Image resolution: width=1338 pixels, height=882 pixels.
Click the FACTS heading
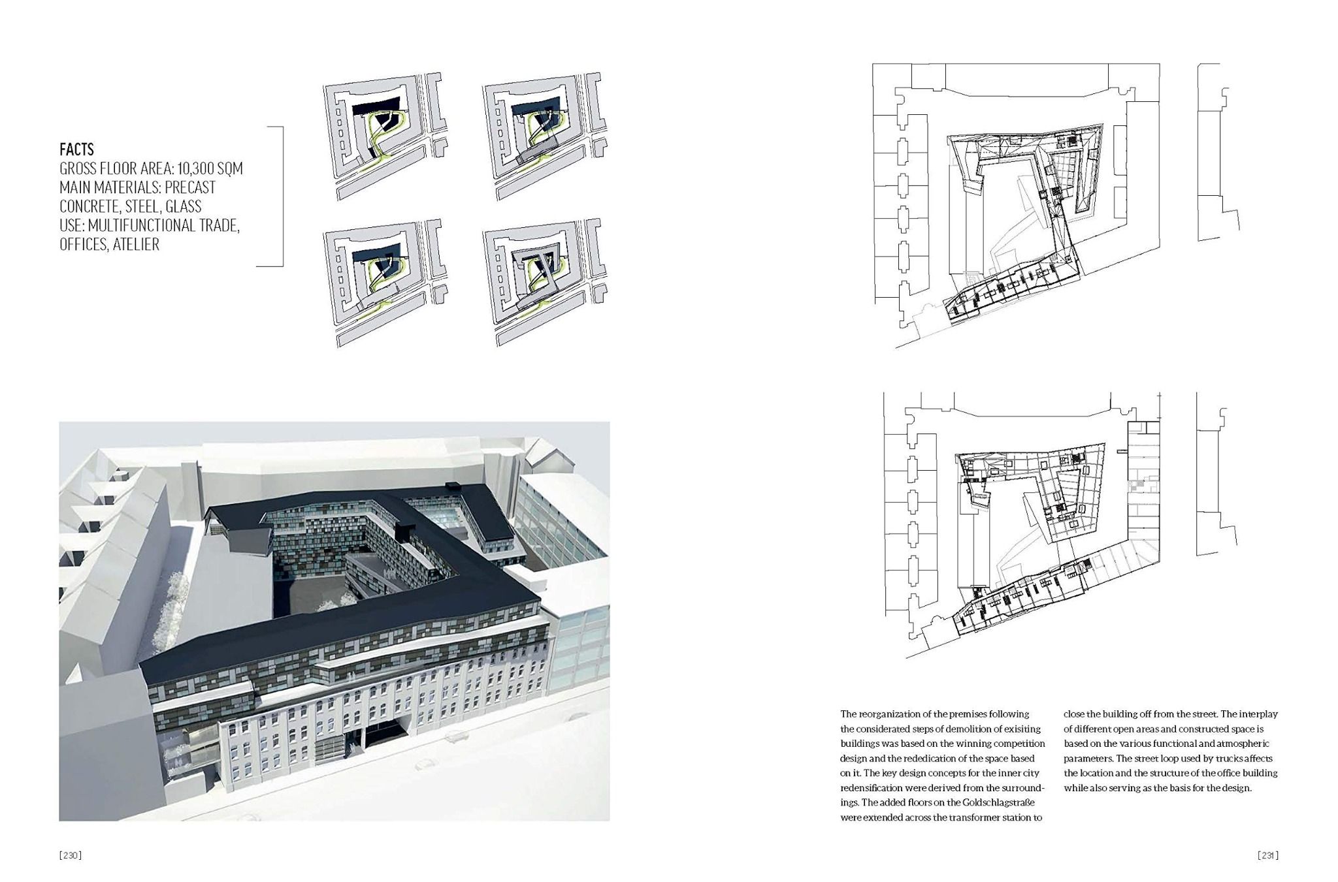click(x=76, y=150)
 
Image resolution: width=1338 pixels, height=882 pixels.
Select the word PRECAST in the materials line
click(x=190, y=187)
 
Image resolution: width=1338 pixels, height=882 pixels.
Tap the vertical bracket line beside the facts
click(x=283, y=196)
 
